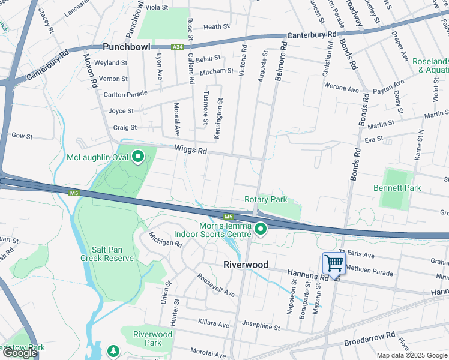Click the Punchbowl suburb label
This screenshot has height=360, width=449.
coord(127,47)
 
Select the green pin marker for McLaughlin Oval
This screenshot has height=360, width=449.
coord(138,157)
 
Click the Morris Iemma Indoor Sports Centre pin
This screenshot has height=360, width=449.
coord(261,229)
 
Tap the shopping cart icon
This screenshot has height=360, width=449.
coord(333,262)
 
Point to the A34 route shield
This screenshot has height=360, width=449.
coord(177,46)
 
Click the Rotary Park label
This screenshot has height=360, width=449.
coord(265,199)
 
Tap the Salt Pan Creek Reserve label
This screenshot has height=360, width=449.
coord(107,253)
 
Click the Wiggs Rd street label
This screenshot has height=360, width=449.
coord(191,151)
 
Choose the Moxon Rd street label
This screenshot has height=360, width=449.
coord(91,71)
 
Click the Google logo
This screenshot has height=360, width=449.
coord(20,353)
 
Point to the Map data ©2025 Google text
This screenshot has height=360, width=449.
coord(411,355)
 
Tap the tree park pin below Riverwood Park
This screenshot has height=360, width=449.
coord(113,350)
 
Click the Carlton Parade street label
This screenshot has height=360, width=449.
coord(125,95)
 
